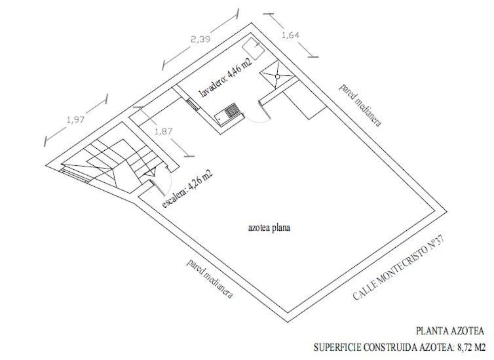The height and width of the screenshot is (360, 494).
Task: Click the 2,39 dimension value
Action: (200, 39)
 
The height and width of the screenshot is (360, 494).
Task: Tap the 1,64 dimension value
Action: (290, 35)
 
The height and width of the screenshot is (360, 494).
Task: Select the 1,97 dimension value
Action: (75, 119)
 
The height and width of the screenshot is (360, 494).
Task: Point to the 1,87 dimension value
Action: (164, 131)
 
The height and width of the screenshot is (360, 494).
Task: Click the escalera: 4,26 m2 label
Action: (187, 188)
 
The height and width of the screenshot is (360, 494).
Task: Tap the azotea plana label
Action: (269, 228)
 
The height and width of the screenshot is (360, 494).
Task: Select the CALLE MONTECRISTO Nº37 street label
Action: (398, 268)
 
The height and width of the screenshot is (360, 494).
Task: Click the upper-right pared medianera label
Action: (360, 106)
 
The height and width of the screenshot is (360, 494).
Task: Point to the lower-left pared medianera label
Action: (210, 279)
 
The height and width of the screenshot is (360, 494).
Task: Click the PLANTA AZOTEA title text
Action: (450, 331)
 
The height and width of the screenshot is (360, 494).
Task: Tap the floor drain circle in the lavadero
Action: (278, 76)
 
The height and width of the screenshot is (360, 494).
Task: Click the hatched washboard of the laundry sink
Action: (231, 110)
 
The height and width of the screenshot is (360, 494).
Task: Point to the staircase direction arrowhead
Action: (151, 172)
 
